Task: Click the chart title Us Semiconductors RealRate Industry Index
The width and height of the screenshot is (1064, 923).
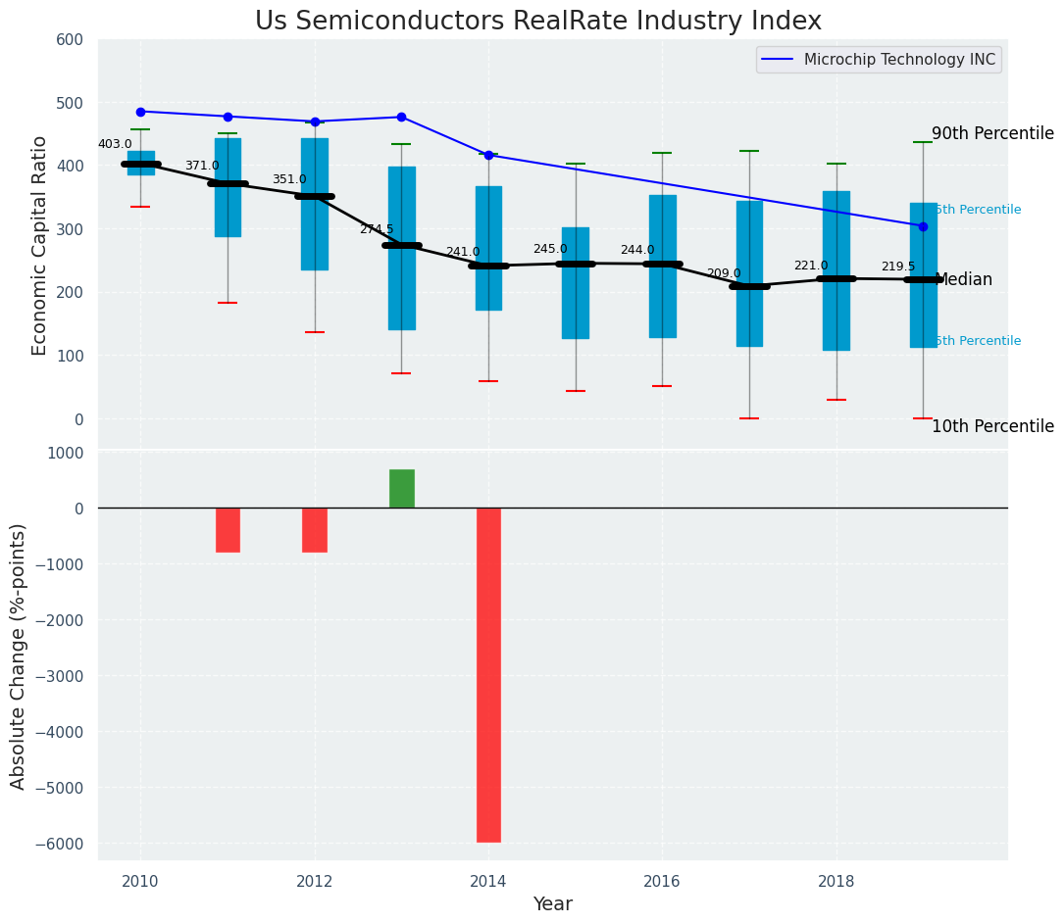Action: click(x=537, y=22)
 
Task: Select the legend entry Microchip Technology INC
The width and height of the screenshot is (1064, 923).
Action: click(x=899, y=60)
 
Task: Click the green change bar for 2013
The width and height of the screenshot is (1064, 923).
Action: click(x=401, y=488)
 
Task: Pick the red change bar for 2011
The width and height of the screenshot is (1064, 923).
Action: click(x=228, y=530)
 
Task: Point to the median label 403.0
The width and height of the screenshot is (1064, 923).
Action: click(x=115, y=144)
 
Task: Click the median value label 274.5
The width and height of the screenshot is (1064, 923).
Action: click(x=376, y=229)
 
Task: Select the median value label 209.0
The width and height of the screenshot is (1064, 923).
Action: click(x=724, y=273)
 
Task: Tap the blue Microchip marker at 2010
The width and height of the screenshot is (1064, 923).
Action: click(x=140, y=112)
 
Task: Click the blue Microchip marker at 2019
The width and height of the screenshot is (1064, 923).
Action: click(x=923, y=226)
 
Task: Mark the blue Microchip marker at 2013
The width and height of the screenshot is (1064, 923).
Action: click(x=401, y=118)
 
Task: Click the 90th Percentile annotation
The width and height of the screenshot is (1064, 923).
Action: click(x=992, y=134)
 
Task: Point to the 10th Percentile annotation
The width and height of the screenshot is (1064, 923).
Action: click(x=992, y=427)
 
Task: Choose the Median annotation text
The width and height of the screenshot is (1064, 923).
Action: click(x=964, y=280)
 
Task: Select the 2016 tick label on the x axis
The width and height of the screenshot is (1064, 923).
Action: click(x=662, y=881)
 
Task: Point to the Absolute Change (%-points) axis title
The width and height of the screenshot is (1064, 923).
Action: click(x=19, y=656)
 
